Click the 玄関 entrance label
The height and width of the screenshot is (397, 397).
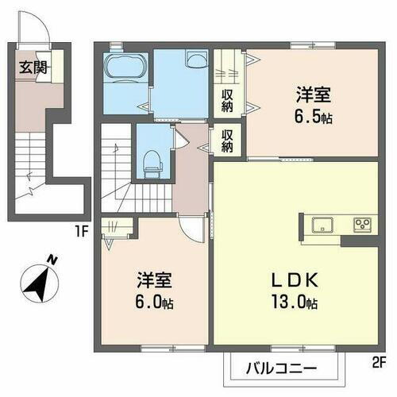coord(32,67)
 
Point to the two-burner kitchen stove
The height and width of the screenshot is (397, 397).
coord(362,224)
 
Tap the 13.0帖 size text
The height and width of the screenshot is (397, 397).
coord(292,303)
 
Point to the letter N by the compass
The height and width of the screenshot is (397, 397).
coord(52,258)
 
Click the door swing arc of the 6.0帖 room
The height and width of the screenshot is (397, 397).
coord(190,230)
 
